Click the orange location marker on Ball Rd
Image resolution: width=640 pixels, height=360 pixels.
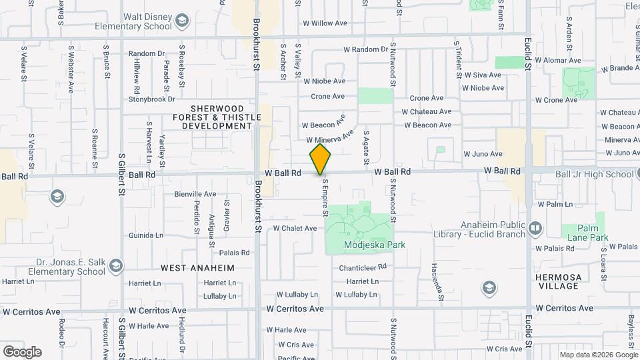[x=321, y=159]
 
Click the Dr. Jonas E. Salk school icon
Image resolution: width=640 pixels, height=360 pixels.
[x=116, y=267]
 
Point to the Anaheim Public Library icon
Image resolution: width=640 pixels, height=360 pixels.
[x=535, y=229]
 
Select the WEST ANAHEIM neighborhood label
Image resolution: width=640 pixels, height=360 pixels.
[x=197, y=268]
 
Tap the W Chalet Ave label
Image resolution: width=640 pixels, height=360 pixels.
[x=295, y=228]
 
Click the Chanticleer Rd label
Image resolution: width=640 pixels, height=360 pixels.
[x=363, y=267]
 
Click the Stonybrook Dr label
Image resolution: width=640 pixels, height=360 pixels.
[x=151, y=99]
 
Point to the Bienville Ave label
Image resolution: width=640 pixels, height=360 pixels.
[x=195, y=194]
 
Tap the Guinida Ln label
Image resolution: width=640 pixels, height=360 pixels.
[x=146, y=235]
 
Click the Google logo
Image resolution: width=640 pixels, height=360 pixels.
[x=22, y=352]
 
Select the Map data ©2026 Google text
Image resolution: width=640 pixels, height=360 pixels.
[x=597, y=355]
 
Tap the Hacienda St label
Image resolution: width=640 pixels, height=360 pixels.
[x=441, y=291]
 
